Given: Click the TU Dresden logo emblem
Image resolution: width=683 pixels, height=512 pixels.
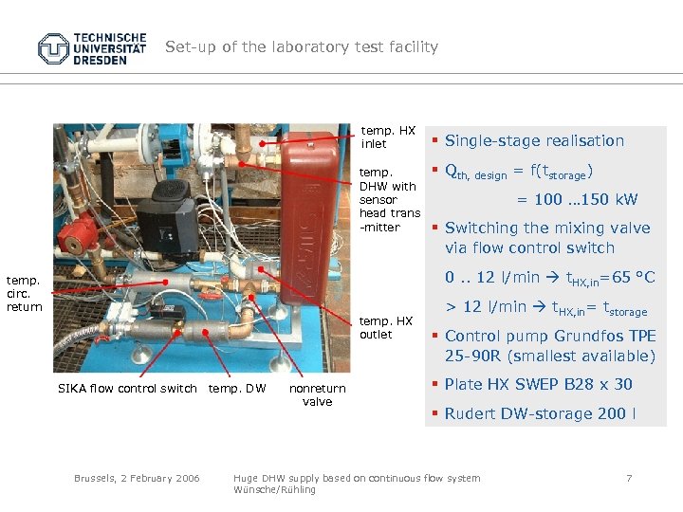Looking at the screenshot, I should (x=55, y=47).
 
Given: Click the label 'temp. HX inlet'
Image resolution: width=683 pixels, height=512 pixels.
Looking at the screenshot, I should (x=388, y=137).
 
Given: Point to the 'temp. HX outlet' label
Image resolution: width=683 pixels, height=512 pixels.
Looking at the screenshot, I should (x=386, y=327).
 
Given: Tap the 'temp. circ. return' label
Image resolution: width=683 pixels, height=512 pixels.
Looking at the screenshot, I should (x=24, y=293).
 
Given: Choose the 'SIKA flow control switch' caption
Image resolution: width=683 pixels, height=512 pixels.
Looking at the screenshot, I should (x=127, y=388).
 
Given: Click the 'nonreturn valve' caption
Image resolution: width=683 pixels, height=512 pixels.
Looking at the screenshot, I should (x=318, y=394).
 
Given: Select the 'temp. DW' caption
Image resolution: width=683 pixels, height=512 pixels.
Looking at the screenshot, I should (x=237, y=388).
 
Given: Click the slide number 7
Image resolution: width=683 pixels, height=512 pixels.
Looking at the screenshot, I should (x=628, y=478).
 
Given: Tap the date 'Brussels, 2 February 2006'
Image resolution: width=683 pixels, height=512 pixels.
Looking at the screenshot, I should (x=137, y=478).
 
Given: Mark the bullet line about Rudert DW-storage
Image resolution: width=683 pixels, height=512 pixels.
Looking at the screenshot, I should (x=540, y=413).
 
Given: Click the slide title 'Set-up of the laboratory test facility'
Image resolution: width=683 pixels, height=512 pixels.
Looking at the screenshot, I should (x=302, y=46).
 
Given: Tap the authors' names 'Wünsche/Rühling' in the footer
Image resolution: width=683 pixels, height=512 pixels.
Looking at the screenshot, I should (x=274, y=489).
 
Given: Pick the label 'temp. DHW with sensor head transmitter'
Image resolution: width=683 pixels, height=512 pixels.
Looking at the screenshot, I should (x=389, y=200).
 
